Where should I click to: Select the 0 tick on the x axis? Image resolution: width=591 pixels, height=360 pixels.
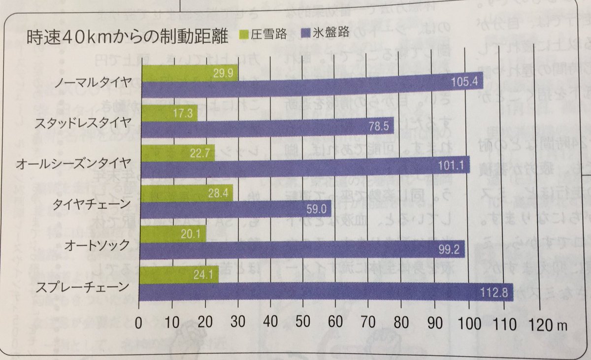click(139, 325)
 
